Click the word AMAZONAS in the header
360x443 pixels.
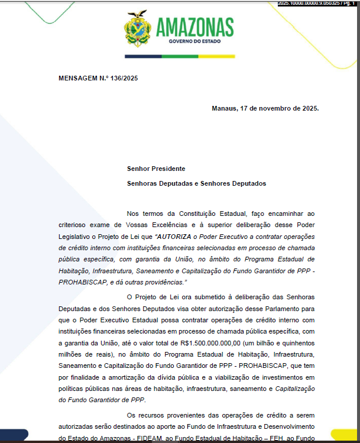pos(194,27)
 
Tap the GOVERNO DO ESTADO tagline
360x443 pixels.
pos(194,43)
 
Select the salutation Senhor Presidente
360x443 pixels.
pos(156,169)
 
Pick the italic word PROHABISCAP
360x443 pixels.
pos(82,283)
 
